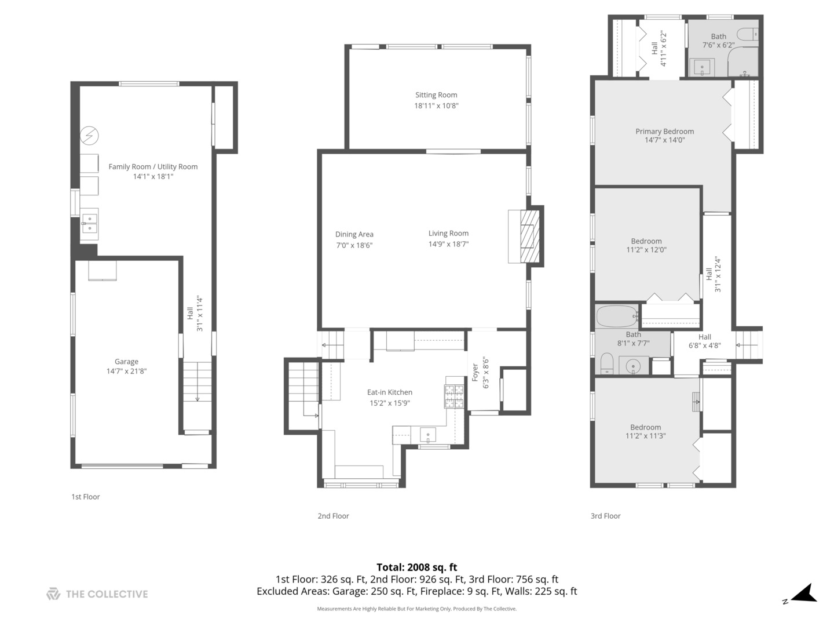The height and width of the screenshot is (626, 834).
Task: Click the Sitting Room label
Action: pos(436,95)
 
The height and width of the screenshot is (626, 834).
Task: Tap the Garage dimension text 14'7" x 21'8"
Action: pos(126,371)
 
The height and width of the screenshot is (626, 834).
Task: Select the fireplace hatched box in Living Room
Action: pos(529,236)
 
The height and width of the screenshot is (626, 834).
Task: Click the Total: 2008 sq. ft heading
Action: pos(417,567)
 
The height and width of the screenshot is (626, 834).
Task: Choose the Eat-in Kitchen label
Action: pos(389,392)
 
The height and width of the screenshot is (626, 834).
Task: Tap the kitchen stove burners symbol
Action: pos(455,396)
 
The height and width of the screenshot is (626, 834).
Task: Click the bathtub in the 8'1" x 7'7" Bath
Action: pos(617,316)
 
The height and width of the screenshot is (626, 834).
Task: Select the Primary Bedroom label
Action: pos(664,131)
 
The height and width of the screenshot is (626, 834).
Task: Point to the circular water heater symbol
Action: pos(89,135)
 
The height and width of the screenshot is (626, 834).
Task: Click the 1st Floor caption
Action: pos(86,497)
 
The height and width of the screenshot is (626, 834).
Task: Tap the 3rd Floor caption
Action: pos(605,516)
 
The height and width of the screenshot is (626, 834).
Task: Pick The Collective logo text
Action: pos(107,594)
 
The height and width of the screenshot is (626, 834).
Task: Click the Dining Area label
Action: pos(354,234)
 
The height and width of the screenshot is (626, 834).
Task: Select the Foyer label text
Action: pos(475,372)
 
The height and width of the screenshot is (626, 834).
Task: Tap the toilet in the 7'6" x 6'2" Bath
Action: pos(748,34)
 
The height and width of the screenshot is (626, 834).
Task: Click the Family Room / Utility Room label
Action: pos(153,166)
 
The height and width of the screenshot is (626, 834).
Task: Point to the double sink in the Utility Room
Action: pos(90,224)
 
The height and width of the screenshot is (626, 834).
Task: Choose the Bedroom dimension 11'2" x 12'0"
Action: pos(646,250)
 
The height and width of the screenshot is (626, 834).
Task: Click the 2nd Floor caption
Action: pos(333,516)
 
